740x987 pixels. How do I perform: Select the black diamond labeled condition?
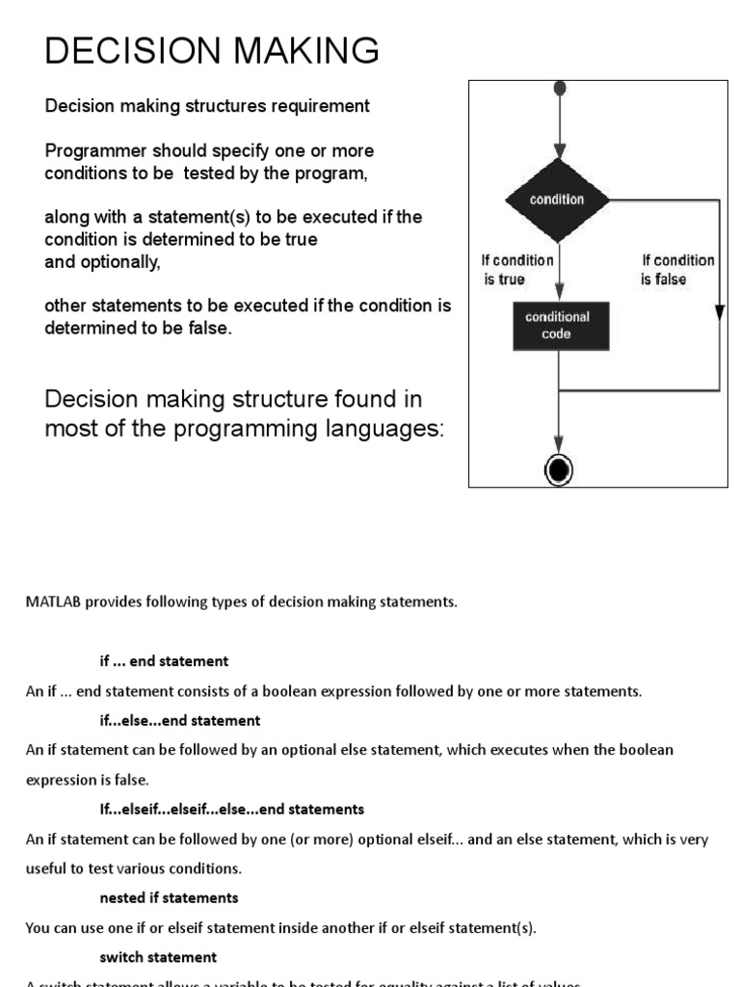click(557, 200)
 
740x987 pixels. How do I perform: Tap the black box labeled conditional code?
click(557, 325)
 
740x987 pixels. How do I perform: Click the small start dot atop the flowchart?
click(558, 90)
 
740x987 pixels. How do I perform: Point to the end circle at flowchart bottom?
click(558, 469)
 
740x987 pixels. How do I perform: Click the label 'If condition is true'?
click(516, 270)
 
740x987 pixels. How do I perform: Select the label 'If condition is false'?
click(677, 270)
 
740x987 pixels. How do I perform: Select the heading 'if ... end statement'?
click(164, 661)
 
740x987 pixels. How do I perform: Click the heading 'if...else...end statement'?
click(180, 720)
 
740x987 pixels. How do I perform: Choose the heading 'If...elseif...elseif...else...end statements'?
click(231, 809)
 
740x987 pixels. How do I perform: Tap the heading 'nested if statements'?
click(169, 897)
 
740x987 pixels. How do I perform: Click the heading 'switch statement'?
click(158, 957)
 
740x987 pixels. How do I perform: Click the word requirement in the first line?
click(322, 106)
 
